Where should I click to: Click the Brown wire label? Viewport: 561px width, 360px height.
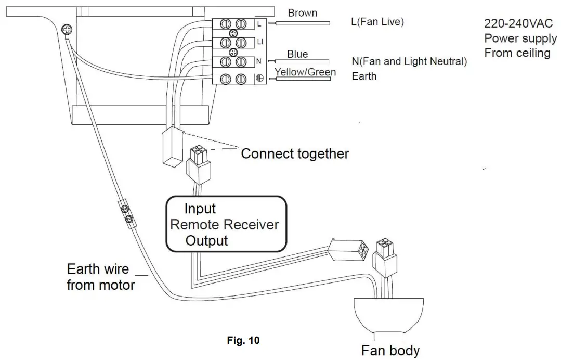[x=302, y=13]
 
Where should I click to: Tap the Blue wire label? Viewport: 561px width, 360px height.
[x=297, y=54]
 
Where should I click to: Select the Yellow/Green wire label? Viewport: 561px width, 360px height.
[x=305, y=72]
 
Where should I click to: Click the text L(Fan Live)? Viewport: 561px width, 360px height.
[x=377, y=22]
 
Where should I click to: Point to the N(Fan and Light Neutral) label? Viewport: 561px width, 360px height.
[x=409, y=61]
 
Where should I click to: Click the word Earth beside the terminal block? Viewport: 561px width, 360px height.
[x=364, y=76]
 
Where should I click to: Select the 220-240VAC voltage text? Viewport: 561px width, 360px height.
[x=519, y=24]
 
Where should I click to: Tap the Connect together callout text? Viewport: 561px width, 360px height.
[x=295, y=154]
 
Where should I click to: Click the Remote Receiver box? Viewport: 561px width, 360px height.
[x=226, y=224]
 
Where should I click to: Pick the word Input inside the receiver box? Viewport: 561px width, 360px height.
[x=200, y=209]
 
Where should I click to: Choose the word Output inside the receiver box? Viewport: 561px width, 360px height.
[x=206, y=240]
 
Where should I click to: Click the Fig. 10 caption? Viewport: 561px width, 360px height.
[x=243, y=341]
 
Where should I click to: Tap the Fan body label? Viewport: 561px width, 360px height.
[x=390, y=350]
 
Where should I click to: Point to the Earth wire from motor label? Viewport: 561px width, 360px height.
[x=101, y=277]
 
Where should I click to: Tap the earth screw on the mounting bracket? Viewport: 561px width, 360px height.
[x=66, y=31]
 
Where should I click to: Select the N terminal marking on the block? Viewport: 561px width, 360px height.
[x=258, y=61]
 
